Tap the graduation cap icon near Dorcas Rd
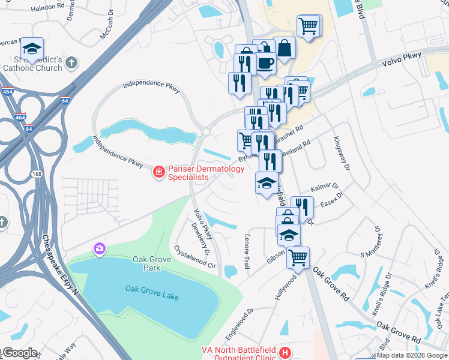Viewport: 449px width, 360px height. click(32, 49)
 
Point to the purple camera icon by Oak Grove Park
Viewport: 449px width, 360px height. click(98, 248)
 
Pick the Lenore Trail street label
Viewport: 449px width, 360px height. click(246, 251)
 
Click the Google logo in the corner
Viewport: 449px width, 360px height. click(19, 353)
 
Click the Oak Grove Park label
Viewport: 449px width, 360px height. click(148, 263)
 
